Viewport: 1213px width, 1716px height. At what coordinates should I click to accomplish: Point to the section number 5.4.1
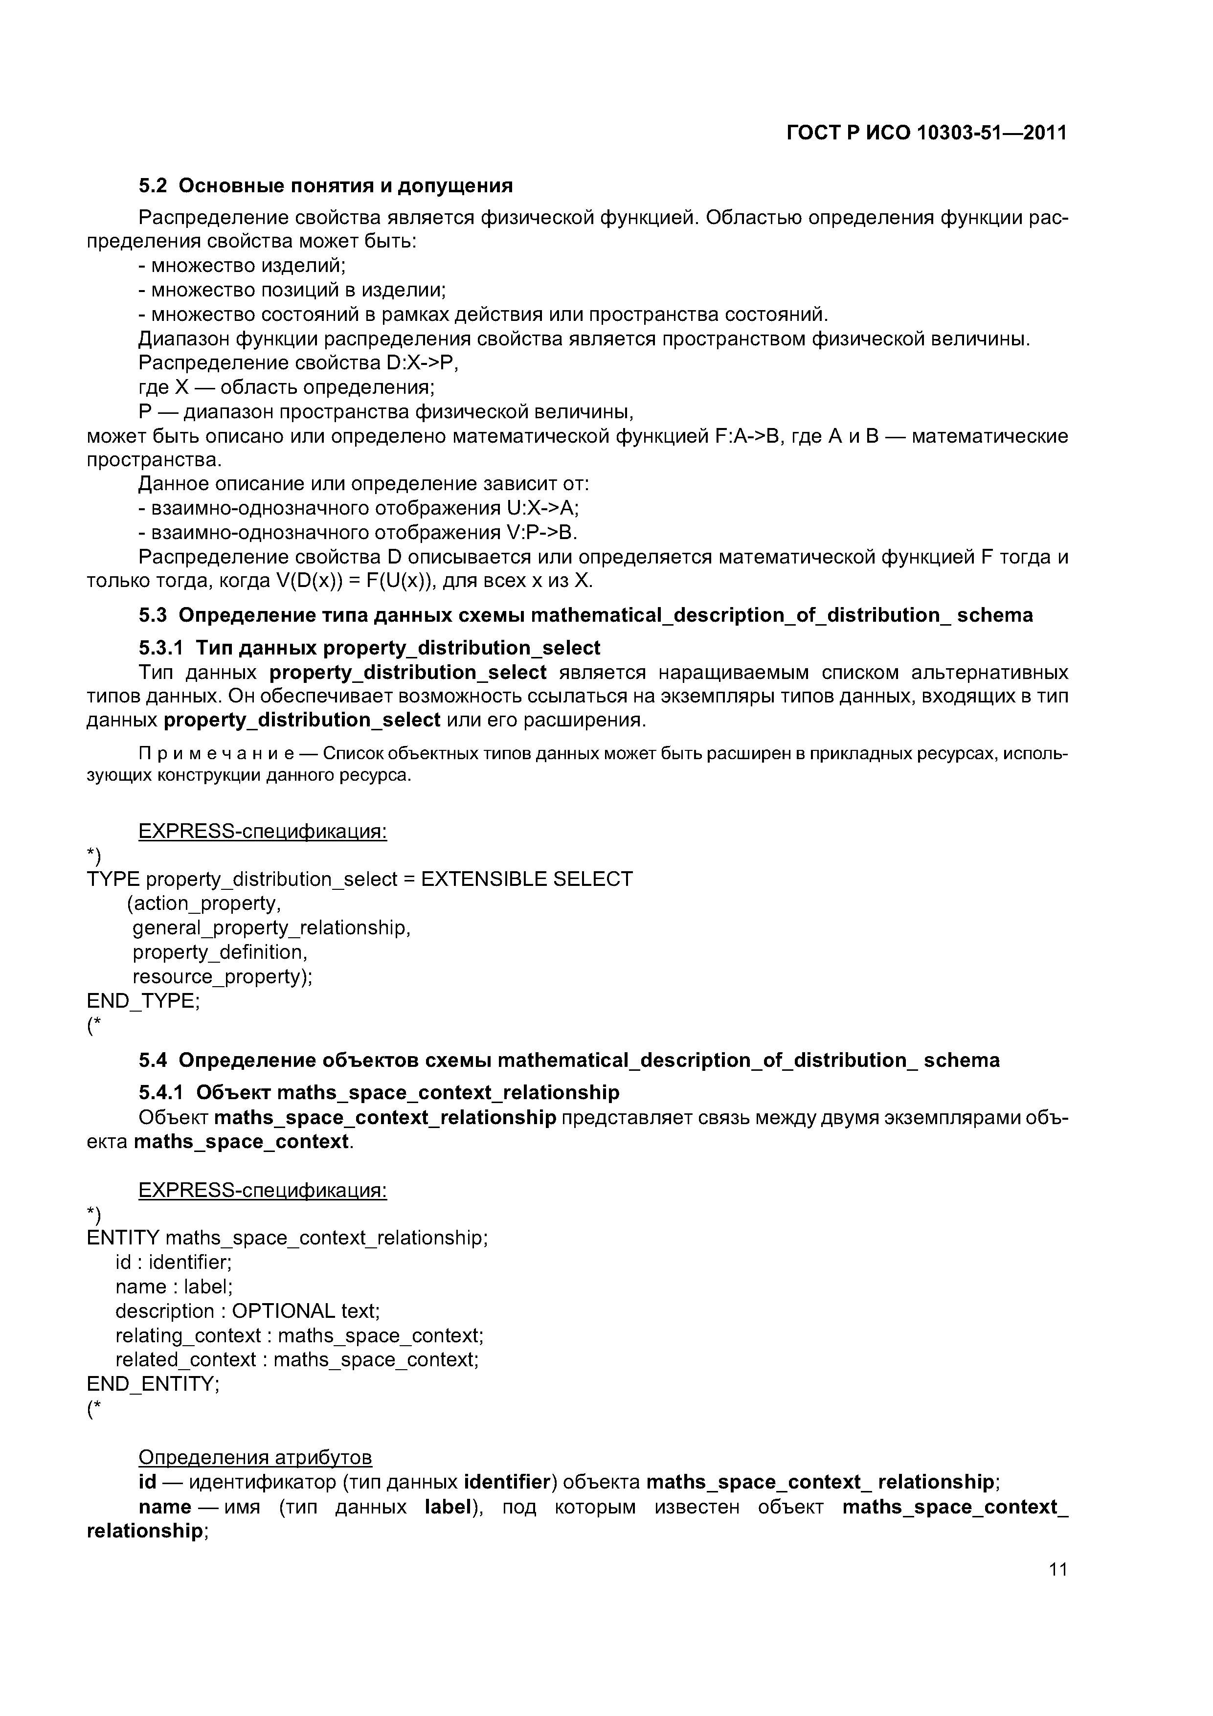pos(161,1093)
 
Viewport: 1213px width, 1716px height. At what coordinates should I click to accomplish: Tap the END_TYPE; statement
pos(143,1001)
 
